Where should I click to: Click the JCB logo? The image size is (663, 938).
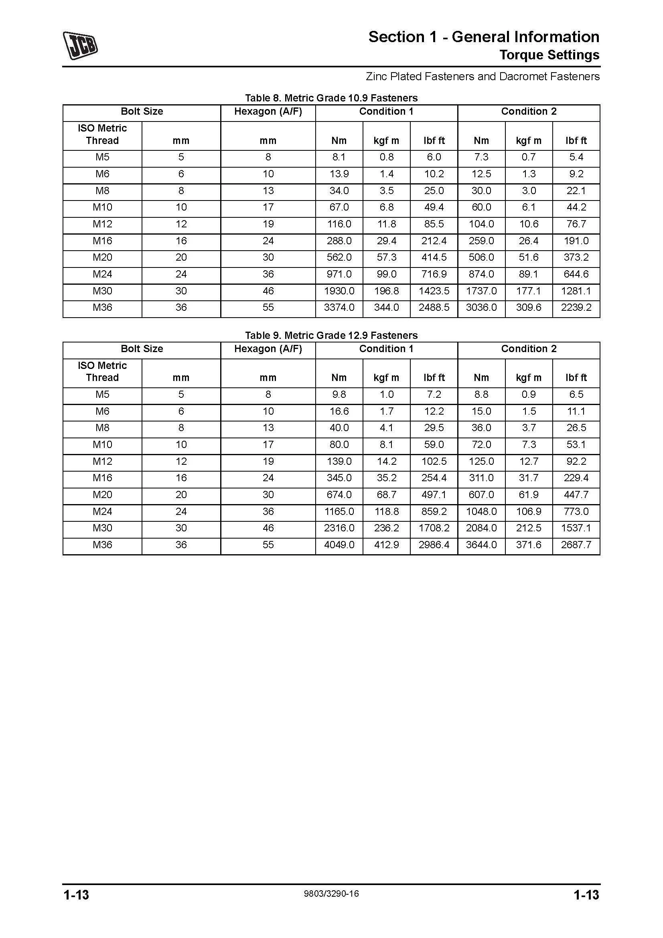pos(80,45)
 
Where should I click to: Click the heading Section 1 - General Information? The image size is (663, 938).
pos(483,37)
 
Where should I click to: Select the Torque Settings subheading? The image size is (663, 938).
pos(549,55)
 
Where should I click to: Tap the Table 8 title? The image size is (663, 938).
pos(331,98)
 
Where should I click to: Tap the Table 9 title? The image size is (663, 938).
pos(331,335)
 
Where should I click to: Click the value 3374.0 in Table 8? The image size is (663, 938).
pos(339,308)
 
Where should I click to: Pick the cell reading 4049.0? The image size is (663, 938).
pos(339,545)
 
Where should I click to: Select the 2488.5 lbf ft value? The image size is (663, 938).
pos(434,308)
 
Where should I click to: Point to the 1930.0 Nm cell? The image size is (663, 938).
pos(339,291)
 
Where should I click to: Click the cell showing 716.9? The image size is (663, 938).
pos(434,274)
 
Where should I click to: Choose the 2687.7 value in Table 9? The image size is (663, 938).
pos(576,545)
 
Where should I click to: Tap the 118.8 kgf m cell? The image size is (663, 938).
pos(386,511)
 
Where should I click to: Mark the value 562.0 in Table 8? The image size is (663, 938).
pos(339,257)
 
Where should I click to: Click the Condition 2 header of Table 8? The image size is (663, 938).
pos(529,111)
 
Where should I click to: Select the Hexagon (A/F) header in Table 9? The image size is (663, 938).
pos(268,349)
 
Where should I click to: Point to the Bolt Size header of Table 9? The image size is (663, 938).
pos(142,349)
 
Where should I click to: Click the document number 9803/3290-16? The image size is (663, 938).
pos(331,894)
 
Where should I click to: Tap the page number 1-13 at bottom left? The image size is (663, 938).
pos(76,895)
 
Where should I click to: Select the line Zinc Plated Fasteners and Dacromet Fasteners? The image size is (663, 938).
pos(483,77)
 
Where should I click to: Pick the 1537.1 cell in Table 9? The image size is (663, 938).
pos(576,528)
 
